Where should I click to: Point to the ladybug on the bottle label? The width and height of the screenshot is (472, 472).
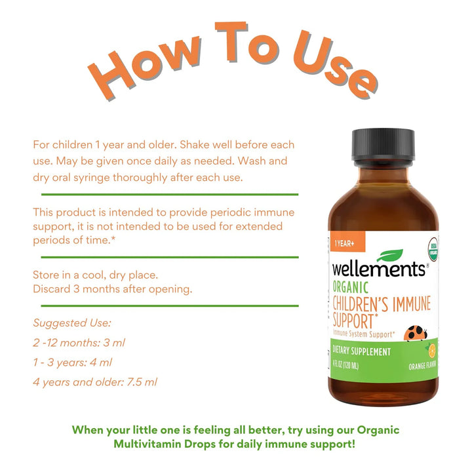pos(416,333)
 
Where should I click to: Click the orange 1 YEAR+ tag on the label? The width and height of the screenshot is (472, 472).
pos(347,241)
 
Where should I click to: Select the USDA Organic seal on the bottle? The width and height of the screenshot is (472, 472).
pos(433,249)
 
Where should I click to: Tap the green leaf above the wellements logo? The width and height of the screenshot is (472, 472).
pos(390,255)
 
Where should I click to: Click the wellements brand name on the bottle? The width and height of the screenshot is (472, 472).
pos(380,269)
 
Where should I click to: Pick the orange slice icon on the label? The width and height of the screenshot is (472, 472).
pos(431,351)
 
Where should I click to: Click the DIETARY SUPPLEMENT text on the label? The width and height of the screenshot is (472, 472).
pos(361,351)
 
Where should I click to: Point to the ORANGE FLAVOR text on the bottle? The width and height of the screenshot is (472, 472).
pos(422,365)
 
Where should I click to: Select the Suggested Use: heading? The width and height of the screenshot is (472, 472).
pos(72,323)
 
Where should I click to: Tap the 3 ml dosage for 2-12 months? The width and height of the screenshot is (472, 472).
pos(114,343)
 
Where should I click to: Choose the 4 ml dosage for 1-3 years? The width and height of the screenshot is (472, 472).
pos(101,362)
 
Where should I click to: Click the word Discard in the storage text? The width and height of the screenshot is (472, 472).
pos(52,289)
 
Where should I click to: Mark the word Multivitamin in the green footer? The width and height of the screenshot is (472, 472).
pos(165,444)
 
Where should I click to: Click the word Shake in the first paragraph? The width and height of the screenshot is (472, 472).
pos(195,145)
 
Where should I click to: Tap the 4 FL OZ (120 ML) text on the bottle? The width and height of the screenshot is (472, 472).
pos(345,365)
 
